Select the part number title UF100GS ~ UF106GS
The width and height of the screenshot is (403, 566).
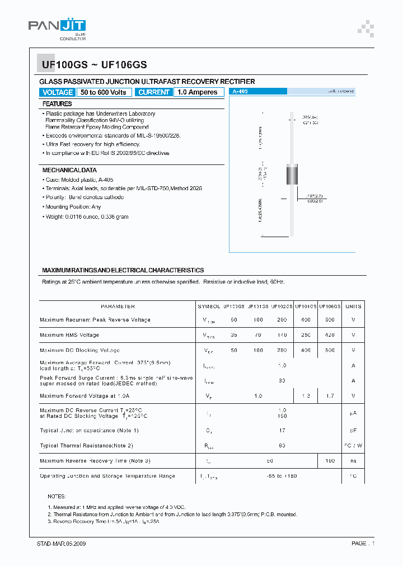coord(94,65)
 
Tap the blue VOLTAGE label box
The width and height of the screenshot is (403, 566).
coord(58,92)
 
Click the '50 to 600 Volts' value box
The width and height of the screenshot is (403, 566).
coord(104,92)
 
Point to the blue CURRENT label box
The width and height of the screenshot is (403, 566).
coord(154,92)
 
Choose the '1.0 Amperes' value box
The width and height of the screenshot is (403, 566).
coord(196,92)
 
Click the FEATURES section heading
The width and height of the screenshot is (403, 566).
coord(57,104)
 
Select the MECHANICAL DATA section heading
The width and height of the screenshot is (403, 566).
coord(69,170)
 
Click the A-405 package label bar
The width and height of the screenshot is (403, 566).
coord(258,91)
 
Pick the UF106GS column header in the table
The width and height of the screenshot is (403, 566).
coord(330,306)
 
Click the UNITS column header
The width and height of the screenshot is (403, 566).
coord(353,306)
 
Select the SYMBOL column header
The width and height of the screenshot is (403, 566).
coord(209,306)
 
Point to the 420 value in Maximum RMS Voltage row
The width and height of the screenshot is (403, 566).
coord(330,335)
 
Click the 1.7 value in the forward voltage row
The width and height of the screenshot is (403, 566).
coord(330,396)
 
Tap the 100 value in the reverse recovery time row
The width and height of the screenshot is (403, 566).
coord(330,461)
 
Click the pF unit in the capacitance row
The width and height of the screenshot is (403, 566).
coord(353,431)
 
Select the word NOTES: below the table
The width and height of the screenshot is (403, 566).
coord(57,497)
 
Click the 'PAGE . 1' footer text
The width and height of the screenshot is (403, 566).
coord(363,544)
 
